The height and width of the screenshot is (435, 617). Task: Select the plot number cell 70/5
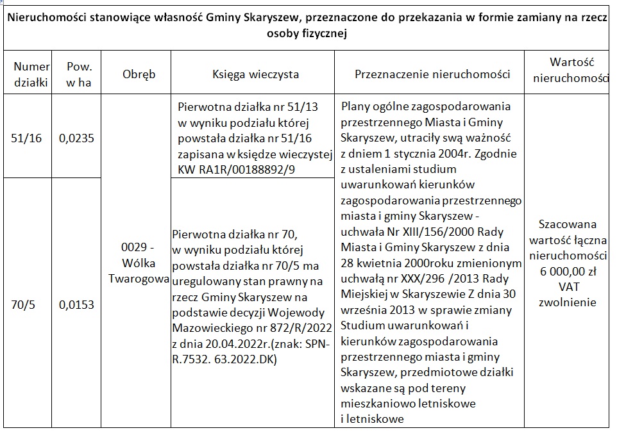point(26,306)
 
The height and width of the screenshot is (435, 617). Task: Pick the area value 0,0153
point(76,306)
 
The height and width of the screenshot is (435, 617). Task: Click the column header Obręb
point(139,74)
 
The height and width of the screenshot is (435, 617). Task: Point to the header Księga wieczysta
point(256,74)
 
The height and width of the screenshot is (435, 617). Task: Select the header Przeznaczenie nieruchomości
point(432,74)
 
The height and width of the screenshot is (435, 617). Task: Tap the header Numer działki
point(31,74)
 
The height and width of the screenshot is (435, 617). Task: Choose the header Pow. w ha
point(80,74)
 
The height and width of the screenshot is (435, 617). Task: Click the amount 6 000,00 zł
point(567,271)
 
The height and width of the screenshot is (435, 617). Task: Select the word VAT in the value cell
point(567,286)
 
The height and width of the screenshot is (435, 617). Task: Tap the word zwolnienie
point(567,302)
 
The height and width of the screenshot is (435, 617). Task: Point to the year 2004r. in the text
point(475,154)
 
